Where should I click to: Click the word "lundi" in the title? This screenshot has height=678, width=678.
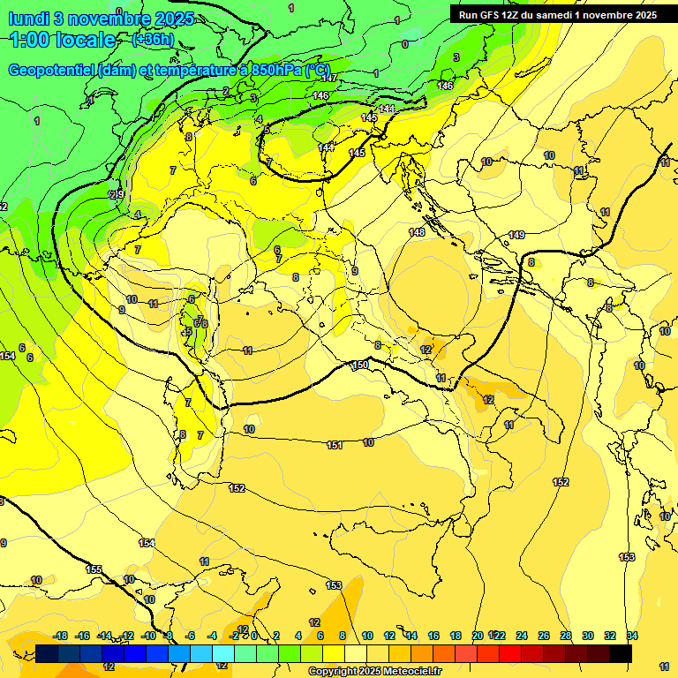(30, 19)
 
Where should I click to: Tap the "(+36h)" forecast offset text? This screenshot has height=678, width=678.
(152, 40)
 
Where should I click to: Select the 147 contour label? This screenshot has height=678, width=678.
(328, 79)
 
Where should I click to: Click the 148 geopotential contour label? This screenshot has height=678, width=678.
(417, 232)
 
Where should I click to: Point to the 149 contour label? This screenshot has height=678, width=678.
(516, 235)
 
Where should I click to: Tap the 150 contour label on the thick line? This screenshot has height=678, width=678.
(360, 365)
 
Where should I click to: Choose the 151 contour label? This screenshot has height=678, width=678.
(335, 445)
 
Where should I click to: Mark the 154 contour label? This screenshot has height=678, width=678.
(147, 543)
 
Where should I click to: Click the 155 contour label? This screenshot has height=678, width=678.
(94, 569)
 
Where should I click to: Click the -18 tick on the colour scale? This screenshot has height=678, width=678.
(61, 636)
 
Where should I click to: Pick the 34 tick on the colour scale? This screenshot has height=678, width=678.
(632, 636)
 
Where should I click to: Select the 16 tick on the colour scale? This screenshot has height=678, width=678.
(433, 636)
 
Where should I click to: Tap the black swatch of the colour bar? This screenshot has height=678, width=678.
(621, 653)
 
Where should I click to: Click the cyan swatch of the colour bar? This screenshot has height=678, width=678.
(224, 653)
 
